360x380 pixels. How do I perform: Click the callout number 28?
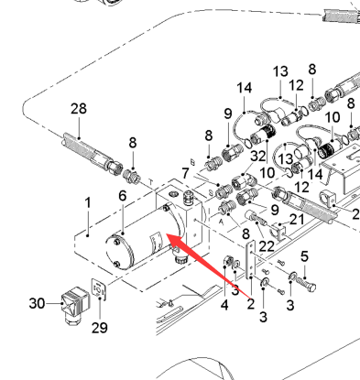coord(79,109)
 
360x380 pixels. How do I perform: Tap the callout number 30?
coord(37,304)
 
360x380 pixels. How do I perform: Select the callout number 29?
coord(100,328)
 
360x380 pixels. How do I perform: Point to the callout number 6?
coord(123,196)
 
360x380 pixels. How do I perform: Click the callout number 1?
coord(88,203)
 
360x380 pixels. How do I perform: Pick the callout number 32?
coord(258,156)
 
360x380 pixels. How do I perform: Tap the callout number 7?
coord(185,174)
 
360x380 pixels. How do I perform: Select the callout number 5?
coord(304,256)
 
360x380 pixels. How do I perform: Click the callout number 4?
coord(224,305)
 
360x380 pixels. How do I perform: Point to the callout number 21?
coord(297,219)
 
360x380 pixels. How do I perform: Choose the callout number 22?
coord(267,246)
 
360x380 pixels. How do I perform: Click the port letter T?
coord(151,182)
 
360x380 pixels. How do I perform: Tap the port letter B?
coord(192,162)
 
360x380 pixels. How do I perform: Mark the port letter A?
coord(222,223)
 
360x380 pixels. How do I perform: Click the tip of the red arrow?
coord(166,234)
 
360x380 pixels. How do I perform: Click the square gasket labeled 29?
coord(99,289)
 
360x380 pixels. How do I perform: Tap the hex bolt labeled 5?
coord(306,284)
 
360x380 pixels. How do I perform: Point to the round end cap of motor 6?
coord(119,252)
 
